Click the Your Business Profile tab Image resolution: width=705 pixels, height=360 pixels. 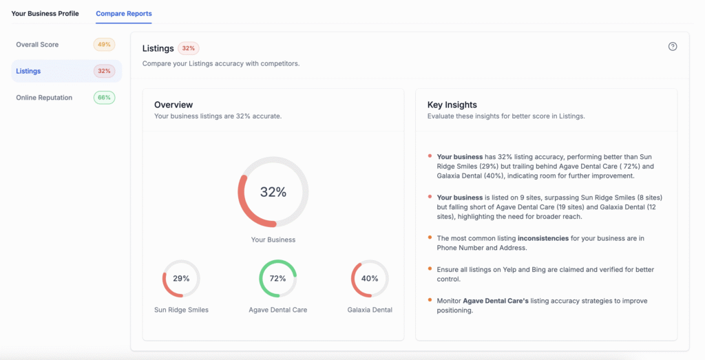pos(45,14)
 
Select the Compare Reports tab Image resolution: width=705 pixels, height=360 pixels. pos(124,14)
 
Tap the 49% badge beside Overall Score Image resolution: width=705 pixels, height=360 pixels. pos(104,45)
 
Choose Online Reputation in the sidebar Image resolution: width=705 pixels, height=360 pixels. pos(44,98)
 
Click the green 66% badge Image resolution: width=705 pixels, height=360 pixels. pos(104,98)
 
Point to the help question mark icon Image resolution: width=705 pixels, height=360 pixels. pos(673,47)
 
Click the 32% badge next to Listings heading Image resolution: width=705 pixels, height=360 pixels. pos(188,48)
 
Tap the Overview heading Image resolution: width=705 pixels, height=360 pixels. pos(173,105)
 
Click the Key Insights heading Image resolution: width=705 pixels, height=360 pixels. pos(452,105)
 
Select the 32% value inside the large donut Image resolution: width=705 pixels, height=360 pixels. pos(273,192)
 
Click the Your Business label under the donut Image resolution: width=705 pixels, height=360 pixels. pos(273,240)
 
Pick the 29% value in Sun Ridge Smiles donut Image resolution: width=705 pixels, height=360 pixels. pos(181,279)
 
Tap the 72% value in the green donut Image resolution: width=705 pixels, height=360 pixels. pos(277,279)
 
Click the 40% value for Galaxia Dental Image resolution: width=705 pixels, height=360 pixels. pos(370,279)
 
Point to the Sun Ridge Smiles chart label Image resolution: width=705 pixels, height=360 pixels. pos(181,310)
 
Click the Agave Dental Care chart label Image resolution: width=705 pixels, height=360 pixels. pos(277,310)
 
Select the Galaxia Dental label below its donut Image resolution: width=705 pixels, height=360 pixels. pos(370,310)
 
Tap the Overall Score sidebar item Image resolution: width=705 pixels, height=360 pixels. pos(37,45)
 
